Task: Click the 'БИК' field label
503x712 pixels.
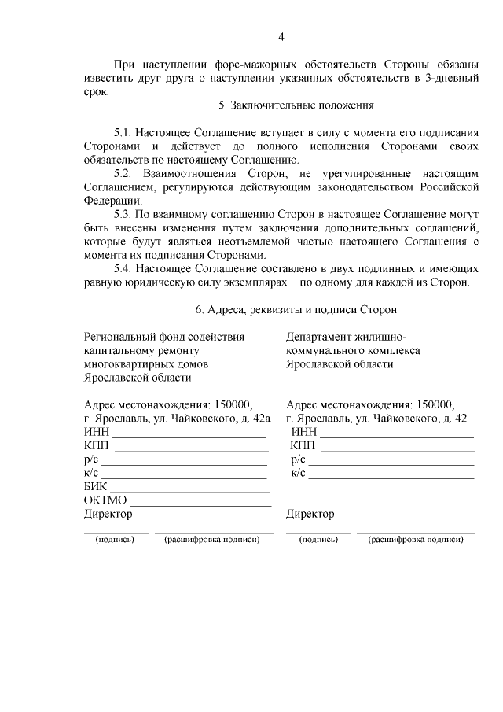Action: (x=94, y=487)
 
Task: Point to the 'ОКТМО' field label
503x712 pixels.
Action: (x=105, y=500)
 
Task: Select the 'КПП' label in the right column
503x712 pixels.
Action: (x=303, y=446)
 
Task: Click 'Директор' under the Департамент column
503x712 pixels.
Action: (x=310, y=515)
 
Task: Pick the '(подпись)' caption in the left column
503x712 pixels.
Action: (x=116, y=540)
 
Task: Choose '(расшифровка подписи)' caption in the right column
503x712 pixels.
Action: (x=416, y=540)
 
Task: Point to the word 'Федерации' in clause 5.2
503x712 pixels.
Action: (x=108, y=200)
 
